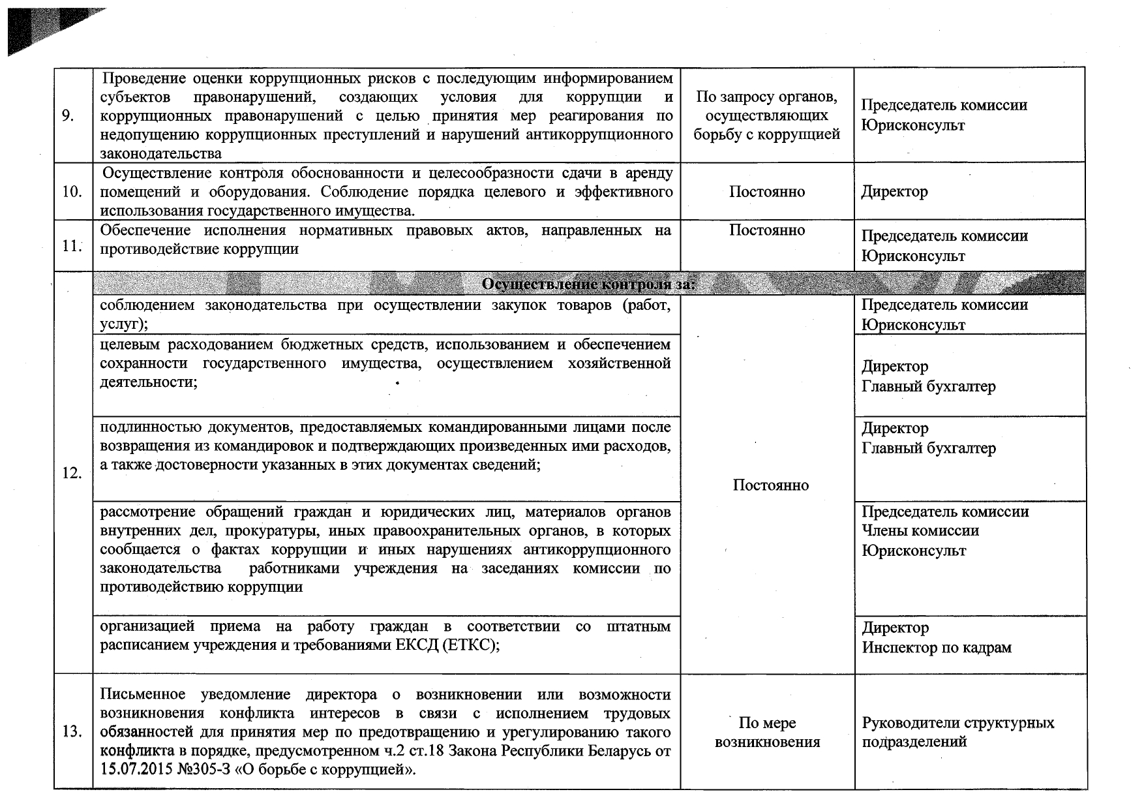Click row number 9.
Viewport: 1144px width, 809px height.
[68, 116]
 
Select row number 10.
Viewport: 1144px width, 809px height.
[72, 192]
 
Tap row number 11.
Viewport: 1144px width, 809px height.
[72, 247]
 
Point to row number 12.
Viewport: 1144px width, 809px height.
[72, 474]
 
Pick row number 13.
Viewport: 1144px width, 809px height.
[72, 732]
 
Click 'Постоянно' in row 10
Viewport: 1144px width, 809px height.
[766, 192]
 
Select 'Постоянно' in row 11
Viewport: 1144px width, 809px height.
[766, 230]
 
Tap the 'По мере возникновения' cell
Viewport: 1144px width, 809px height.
[767, 732]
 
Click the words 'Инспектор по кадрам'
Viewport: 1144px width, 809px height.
[937, 648]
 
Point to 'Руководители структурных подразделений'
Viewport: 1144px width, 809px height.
[957, 732]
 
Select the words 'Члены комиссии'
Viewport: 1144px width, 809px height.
[920, 531]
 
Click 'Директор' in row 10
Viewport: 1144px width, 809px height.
[894, 192]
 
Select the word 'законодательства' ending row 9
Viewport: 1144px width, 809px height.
[160, 154]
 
